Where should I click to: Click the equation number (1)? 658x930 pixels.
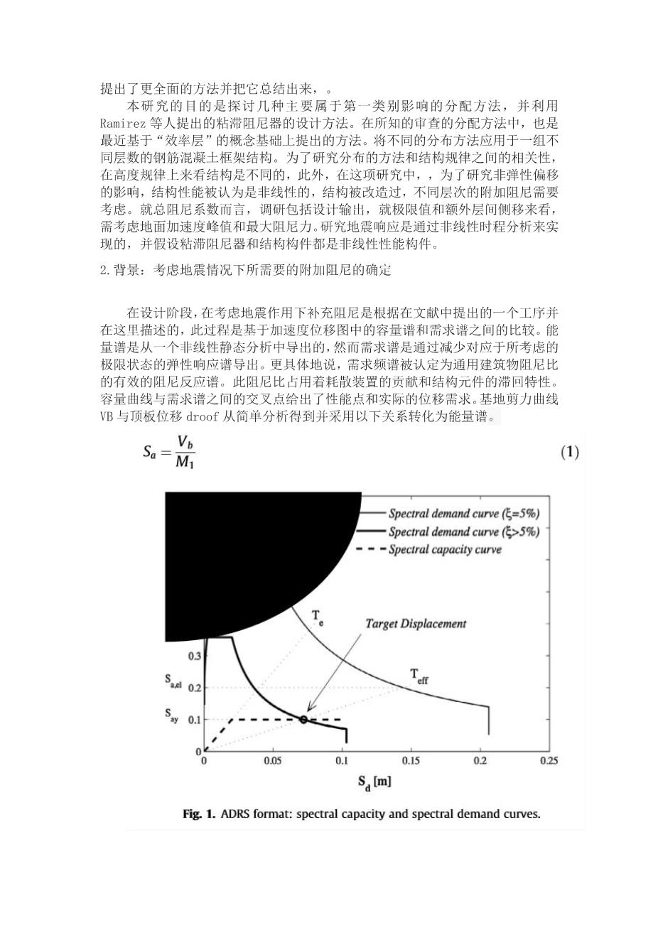click(x=570, y=452)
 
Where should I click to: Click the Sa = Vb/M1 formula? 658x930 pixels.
click(x=168, y=453)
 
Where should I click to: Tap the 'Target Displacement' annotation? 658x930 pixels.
click(x=416, y=623)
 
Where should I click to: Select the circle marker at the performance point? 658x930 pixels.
click(x=303, y=720)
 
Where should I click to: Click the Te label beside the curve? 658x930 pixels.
click(x=317, y=617)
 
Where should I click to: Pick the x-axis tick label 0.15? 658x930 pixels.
click(x=411, y=761)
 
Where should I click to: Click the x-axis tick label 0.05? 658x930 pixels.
click(x=273, y=761)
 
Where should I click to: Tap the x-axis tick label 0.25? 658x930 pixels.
click(x=548, y=761)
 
